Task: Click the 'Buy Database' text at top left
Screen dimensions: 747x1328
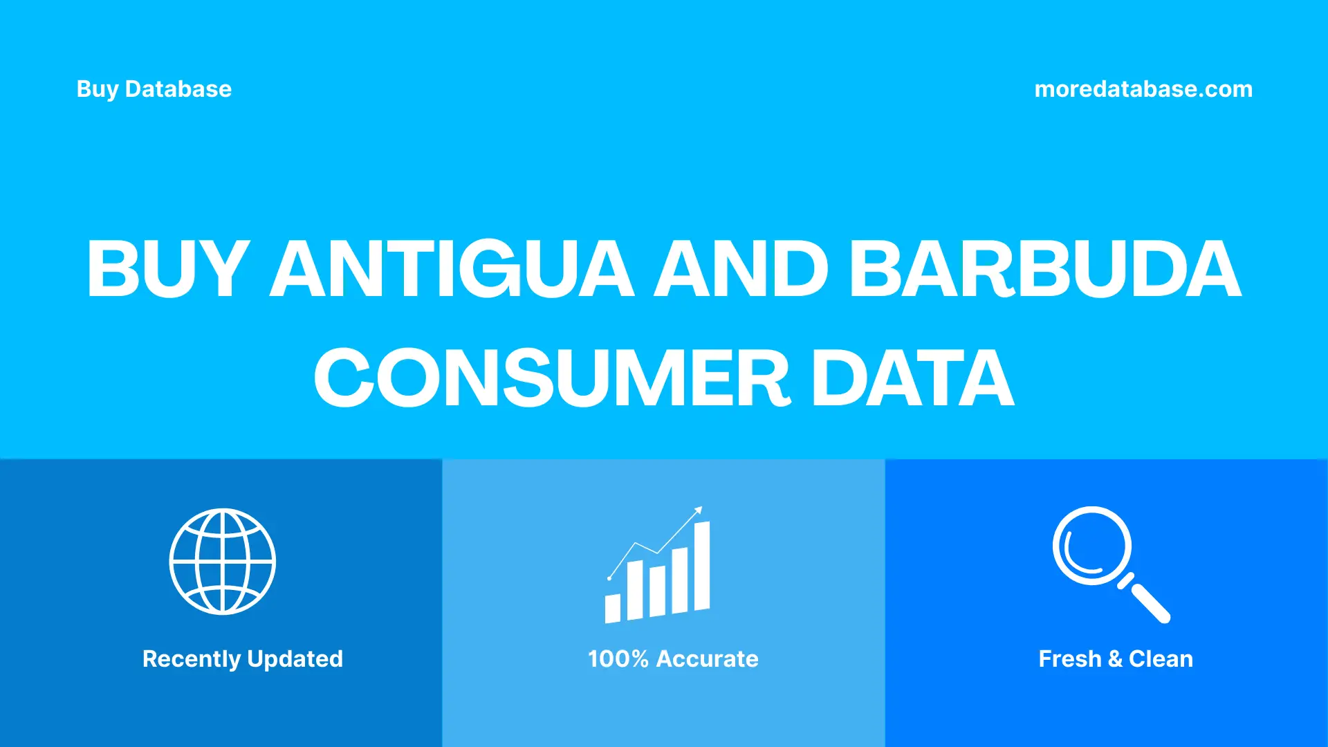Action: [x=154, y=89]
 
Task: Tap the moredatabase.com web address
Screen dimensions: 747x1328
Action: [x=1143, y=89]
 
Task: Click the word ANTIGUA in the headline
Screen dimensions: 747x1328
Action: [x=452, y=269]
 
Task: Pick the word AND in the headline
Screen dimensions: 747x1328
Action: [x=741, y=269]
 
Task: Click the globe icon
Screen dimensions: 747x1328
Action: [x=223, y=562]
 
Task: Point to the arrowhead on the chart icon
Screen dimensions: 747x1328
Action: [x=699, y=510]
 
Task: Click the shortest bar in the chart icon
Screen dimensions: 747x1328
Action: [x=613, y=608]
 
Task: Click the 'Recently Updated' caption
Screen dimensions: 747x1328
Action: [x=242, y=659]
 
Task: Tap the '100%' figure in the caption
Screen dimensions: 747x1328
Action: [x=618, y=659]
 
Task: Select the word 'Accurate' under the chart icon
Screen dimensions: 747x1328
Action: [x=707, y=659]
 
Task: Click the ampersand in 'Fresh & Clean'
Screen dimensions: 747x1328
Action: [x=1114, y=659]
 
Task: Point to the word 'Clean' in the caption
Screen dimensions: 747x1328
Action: [x=1161, y=659]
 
